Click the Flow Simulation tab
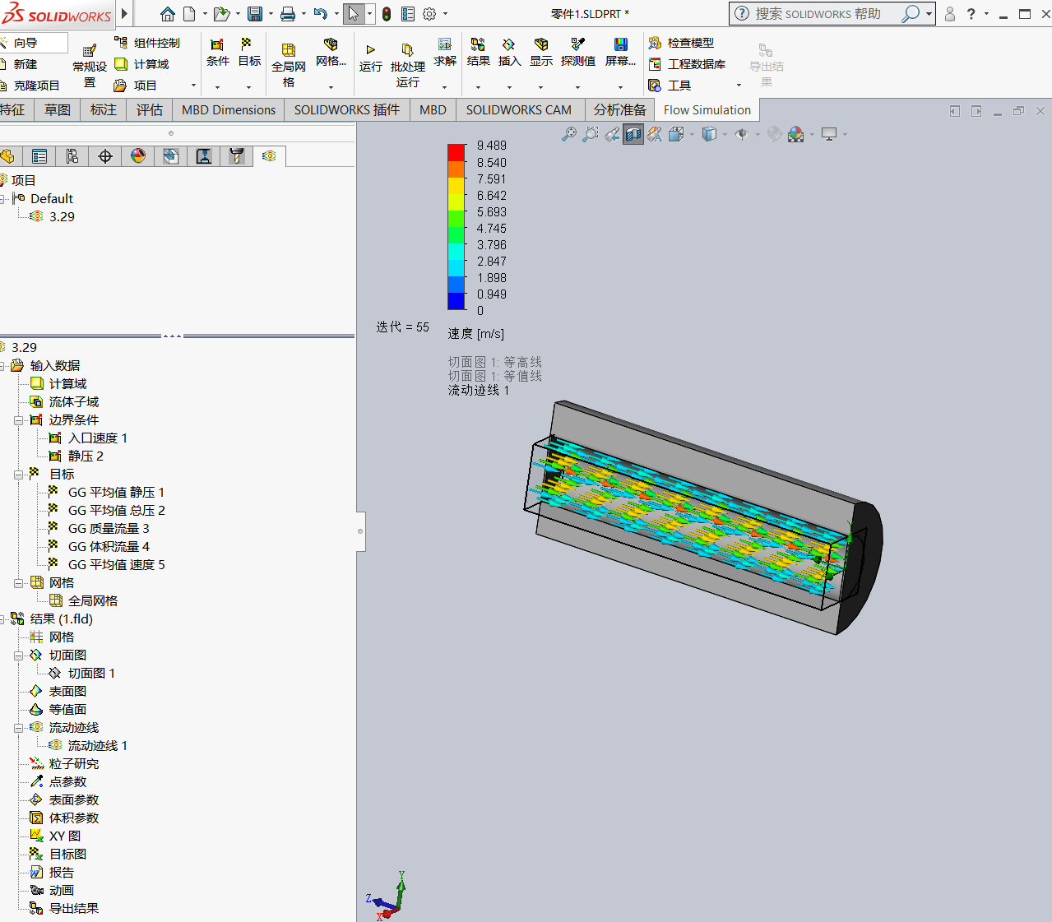[707, 109]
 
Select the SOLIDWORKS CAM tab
[518, 109]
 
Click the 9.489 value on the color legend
[491, 146]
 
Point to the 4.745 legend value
[491, 229]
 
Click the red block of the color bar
[456, 152]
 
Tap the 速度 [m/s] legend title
[475, 334]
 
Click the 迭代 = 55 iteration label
[402, 327]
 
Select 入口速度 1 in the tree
[97, 438]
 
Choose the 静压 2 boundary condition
[86, 456]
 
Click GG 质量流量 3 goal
[109, 529]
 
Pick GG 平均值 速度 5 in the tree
[116, 565]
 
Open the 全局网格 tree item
[92, 601]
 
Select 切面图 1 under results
[91, 674]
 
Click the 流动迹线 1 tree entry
[97, 746]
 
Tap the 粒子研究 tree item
[73, 764]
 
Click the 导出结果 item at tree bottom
[73, 909]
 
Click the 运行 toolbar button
[370, 58]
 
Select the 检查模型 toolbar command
[689, 43]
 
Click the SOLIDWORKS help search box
[823, 14]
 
